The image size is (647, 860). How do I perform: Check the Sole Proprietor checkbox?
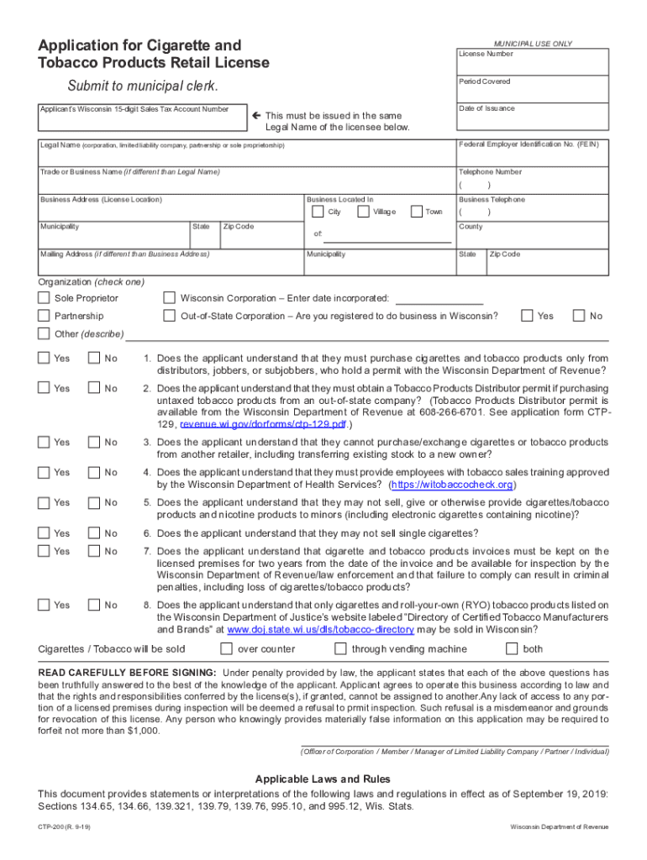[x=44, y=298]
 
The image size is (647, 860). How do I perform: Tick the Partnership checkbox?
[x=44, y=316]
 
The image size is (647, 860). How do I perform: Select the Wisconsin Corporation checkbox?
[x=169, y=298]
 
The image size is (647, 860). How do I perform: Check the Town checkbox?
[x=416, y=212]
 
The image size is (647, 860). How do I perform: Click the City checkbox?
[x=317, y=212]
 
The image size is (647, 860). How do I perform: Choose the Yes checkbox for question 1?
[x=44, y=359]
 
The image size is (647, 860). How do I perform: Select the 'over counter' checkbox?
[x=226, y=648]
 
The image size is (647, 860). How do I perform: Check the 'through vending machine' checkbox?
[x=340, y=648]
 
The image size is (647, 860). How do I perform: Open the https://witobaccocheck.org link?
[x=452, y=485]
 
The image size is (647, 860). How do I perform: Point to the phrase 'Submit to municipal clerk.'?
[x=142, y=87]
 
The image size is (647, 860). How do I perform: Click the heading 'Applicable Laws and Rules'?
[x=323, y=779]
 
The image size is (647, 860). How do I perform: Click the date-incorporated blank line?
[x=439, y=300]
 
